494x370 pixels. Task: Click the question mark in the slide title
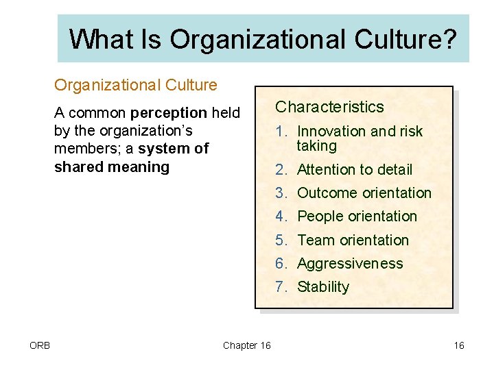[x=448, y=40]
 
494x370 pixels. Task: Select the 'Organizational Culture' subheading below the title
[x=136, y=85]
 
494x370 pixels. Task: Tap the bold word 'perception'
[x=169, y=112]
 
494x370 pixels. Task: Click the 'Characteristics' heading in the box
[x=329, y=107]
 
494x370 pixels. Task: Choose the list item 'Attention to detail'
[x=354, y=169]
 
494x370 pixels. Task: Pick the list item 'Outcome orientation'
[x=364, y=193]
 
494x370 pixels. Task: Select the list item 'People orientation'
[x=357, y=217]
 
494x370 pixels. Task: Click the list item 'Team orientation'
[x=353, y=240]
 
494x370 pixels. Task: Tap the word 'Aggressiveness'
[x=350, y=263]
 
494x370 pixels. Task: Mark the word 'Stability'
[x=323, y=286]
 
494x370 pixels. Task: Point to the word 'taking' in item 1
[x=316, y=146]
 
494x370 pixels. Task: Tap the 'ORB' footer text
[x=40, y=345]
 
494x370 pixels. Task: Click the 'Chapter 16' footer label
[x=247, y=345]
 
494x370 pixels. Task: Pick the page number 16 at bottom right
[x=459, y=345]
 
